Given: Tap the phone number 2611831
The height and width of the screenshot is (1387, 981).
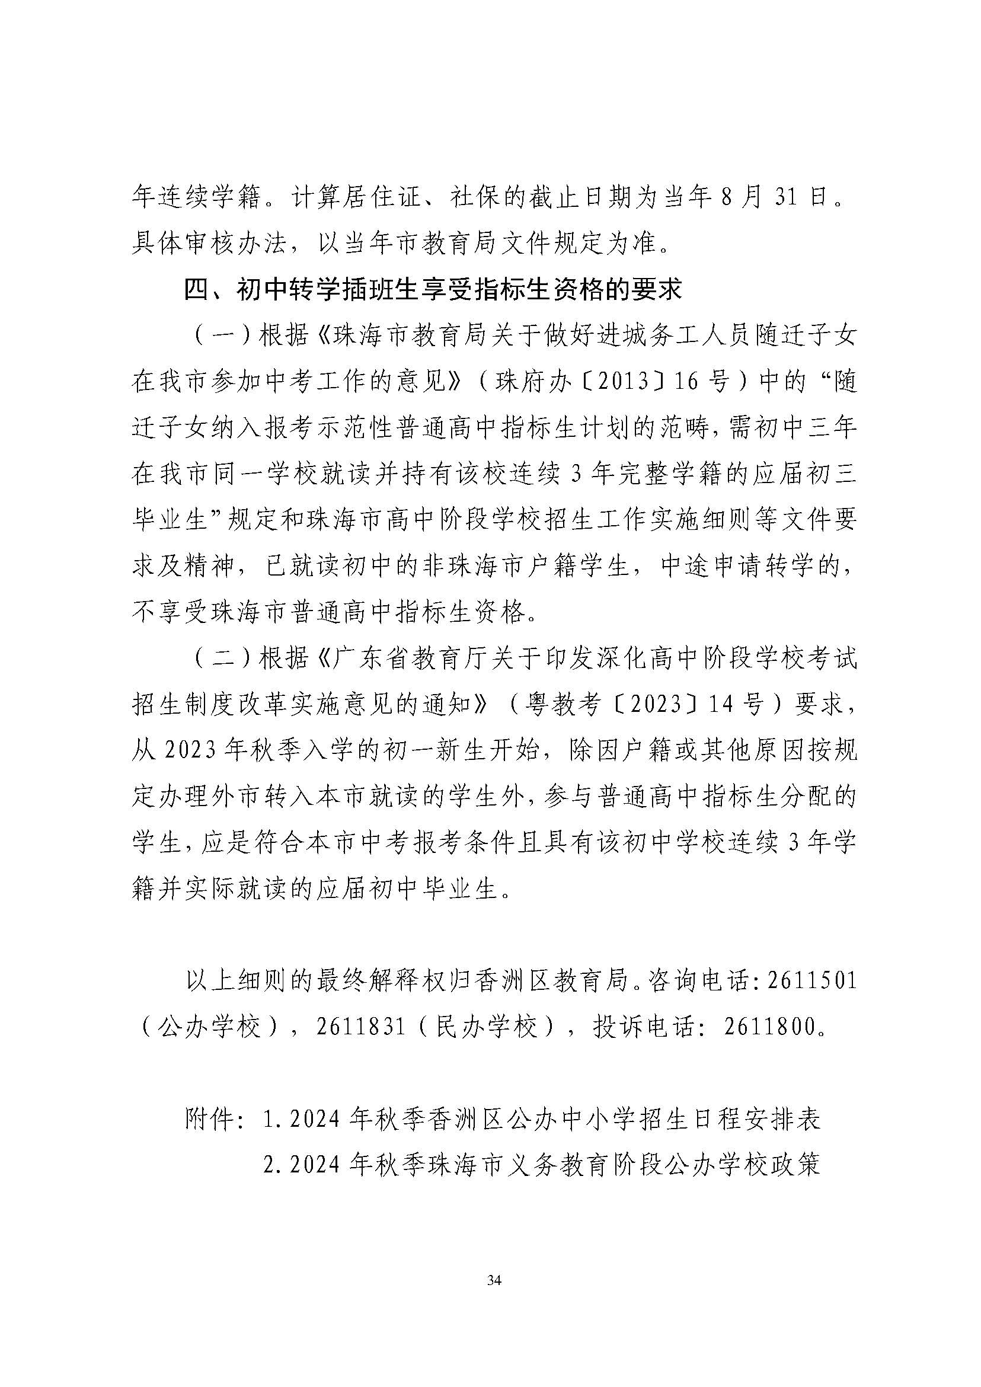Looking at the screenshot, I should point(360,1027).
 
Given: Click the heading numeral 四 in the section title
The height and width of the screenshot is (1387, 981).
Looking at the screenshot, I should point(196,290).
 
